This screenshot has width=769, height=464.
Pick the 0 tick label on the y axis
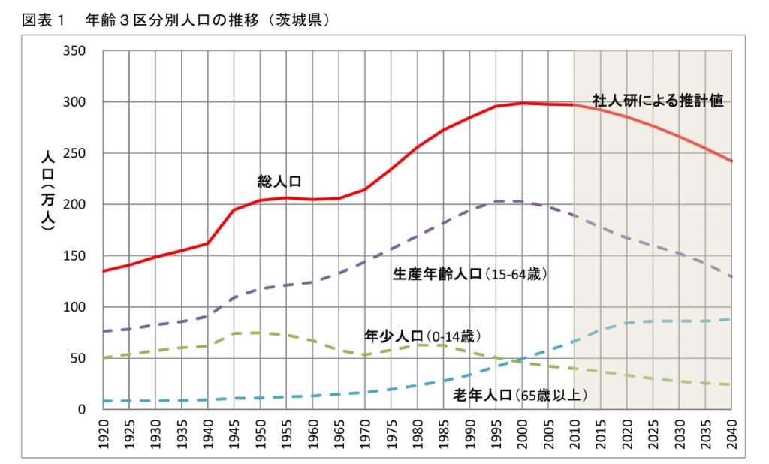(82, 410)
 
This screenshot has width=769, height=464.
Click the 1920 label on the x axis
(104, 433)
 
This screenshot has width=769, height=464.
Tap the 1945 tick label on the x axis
(234, 433)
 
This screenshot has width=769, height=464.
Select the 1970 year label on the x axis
(365, 433)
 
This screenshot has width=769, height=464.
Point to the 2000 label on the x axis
(522, 433)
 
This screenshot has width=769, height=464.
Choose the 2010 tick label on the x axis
(574, 433)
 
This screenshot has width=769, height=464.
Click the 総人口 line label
(279, 181)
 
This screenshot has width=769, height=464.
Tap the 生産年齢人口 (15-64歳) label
(470, 274)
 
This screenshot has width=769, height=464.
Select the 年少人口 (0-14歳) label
(422, 334)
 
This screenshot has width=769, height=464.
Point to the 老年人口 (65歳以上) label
(520, 394)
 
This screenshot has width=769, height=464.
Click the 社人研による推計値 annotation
(657, 101)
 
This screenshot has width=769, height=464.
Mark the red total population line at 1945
(234, 209)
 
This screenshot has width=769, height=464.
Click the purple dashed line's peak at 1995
(496, 201)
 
